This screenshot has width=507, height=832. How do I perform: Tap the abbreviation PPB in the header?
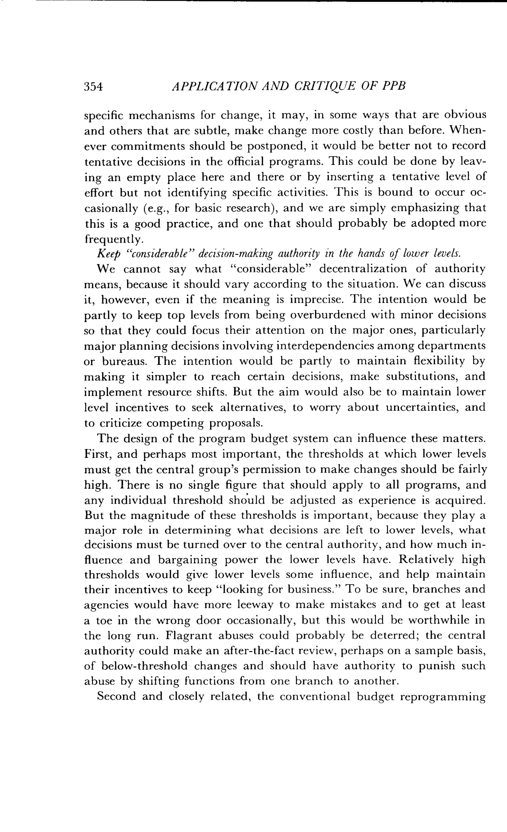[393, 86]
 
